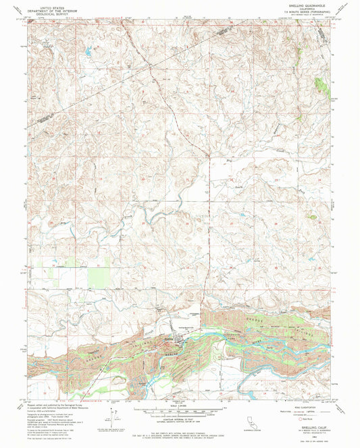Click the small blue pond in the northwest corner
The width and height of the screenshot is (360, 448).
point(88,50)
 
